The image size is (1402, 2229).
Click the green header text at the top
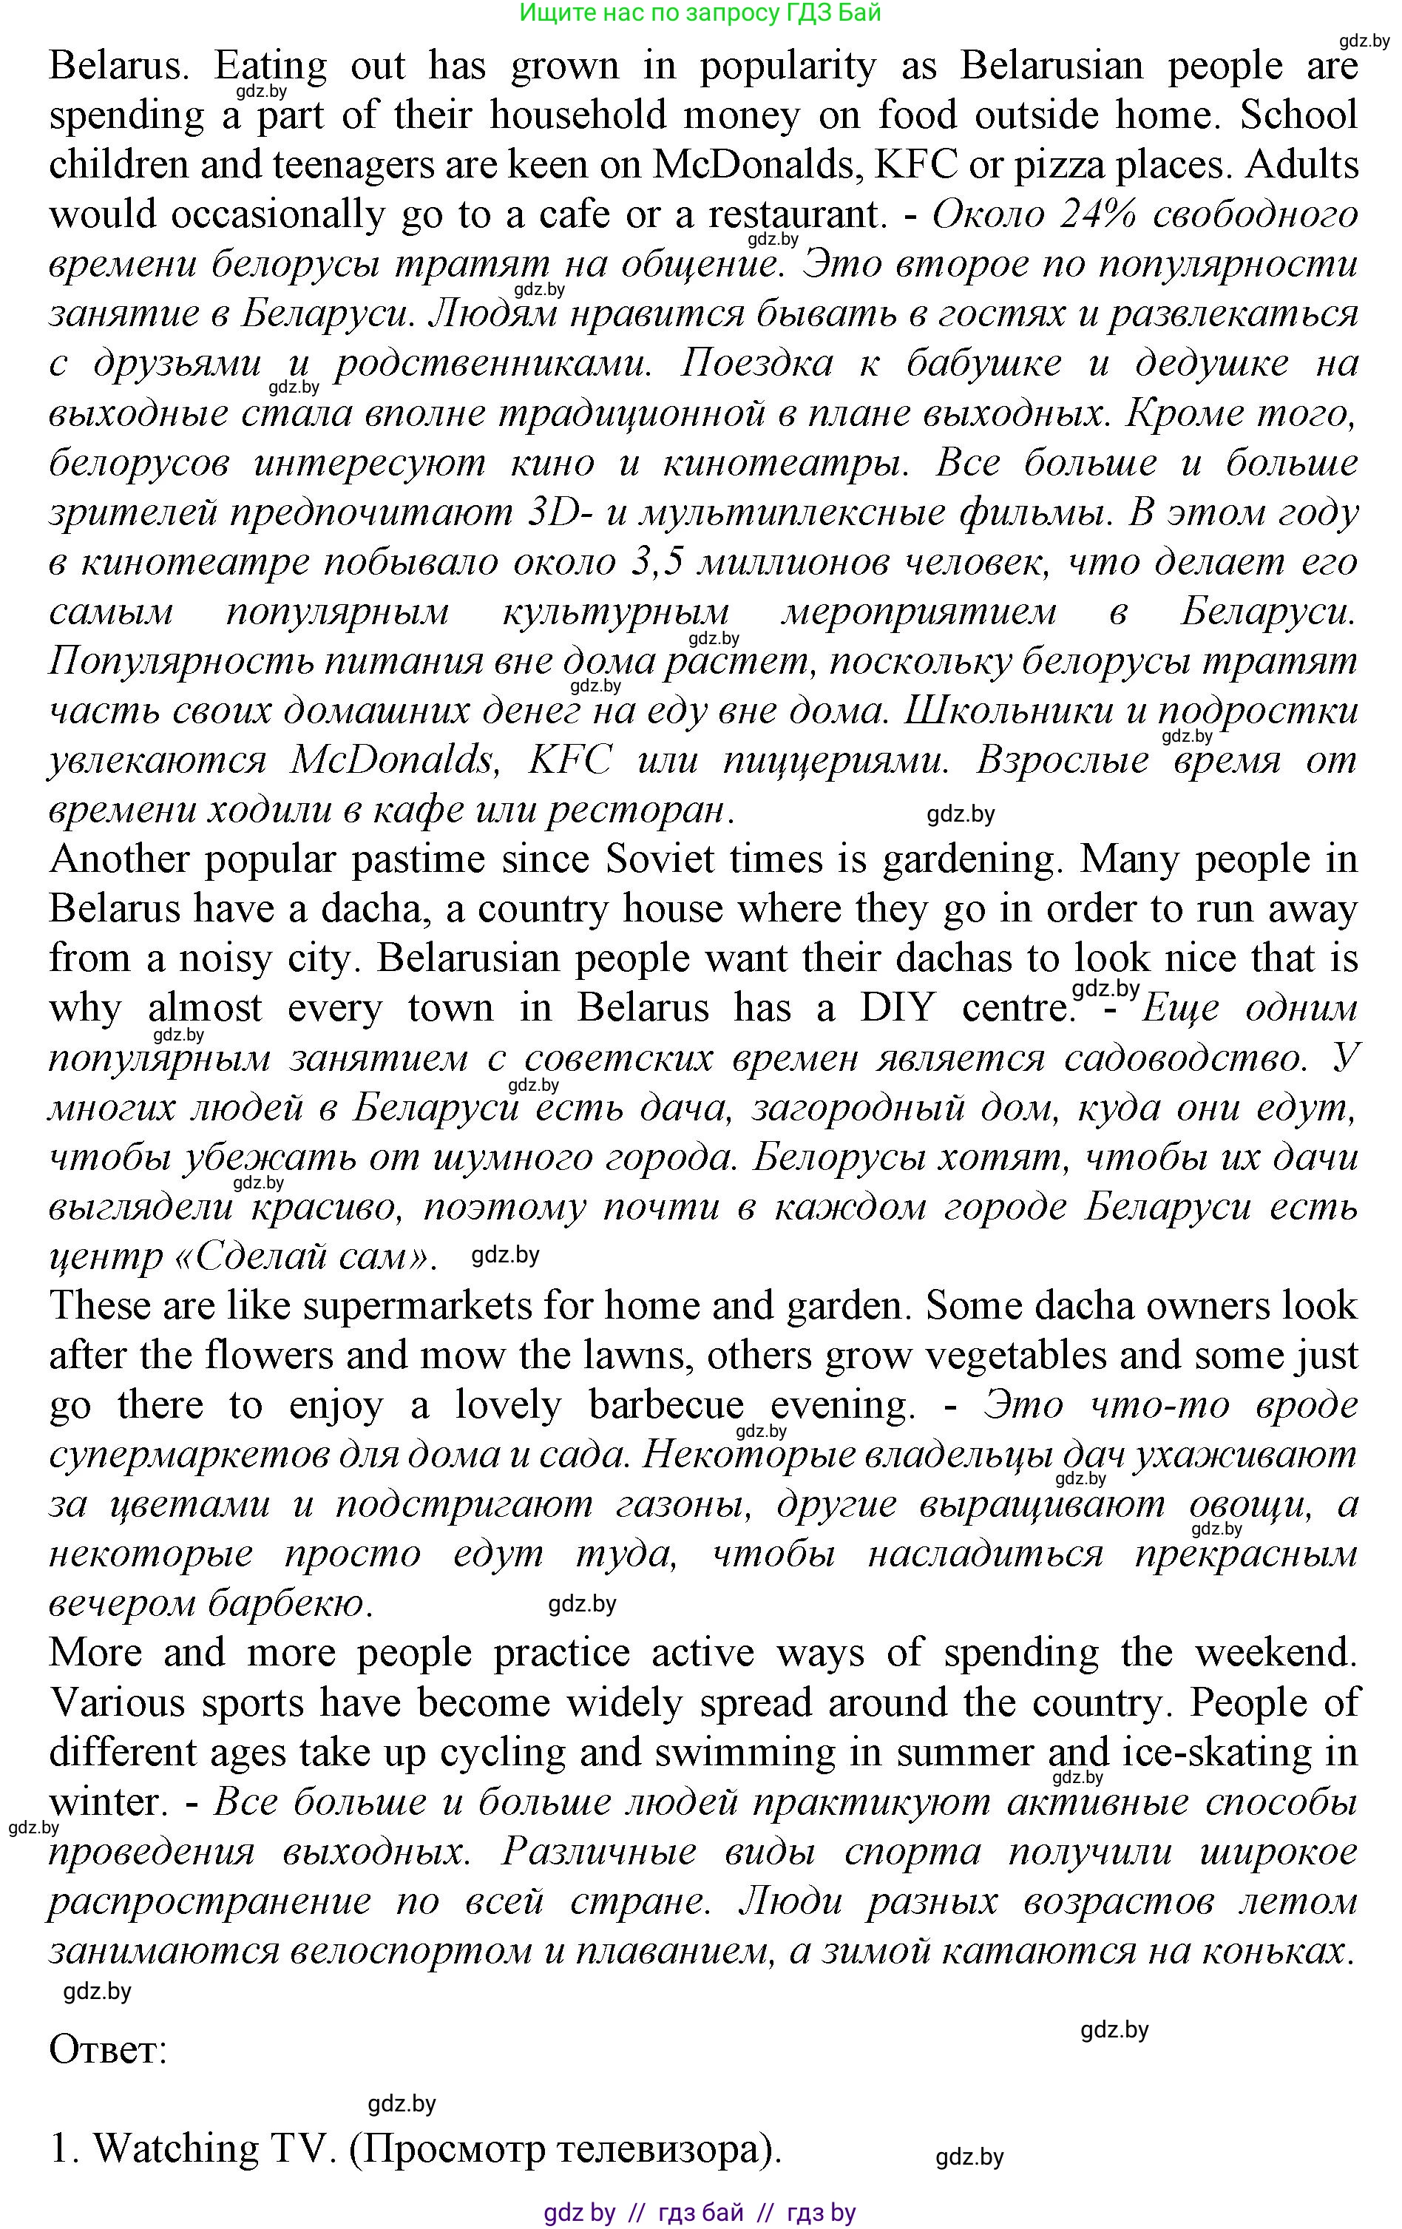click(x=700, y=13)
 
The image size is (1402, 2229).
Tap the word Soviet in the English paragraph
click(x=660, y=859)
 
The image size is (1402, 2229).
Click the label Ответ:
click(x=107, y=2049)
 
